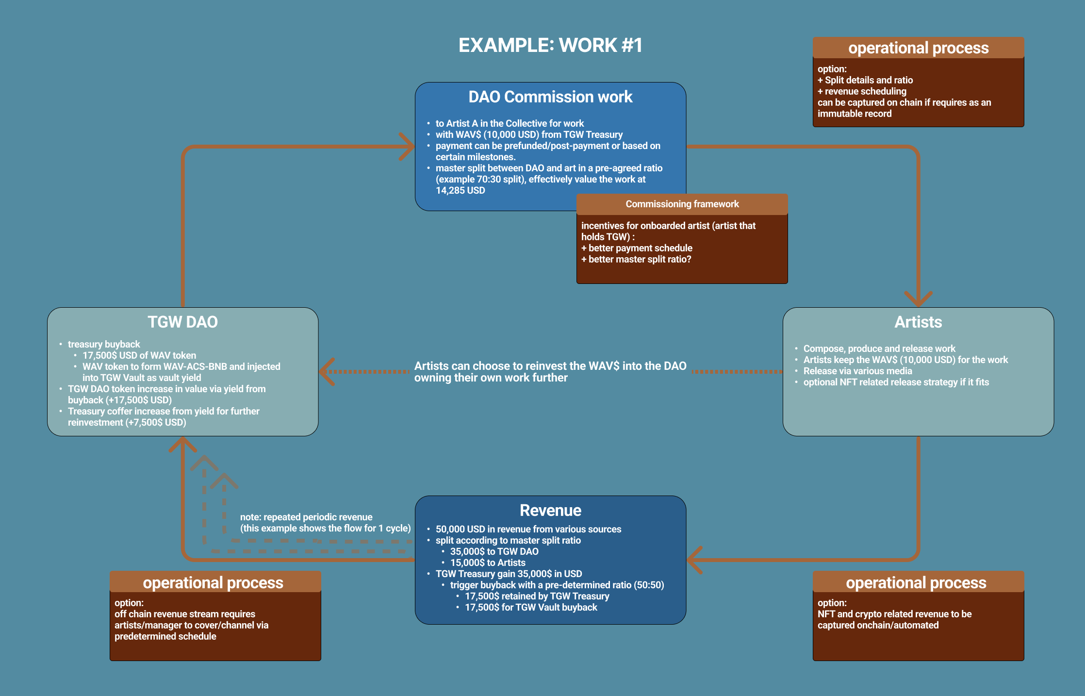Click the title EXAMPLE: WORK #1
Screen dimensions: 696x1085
click(x=550, y=45)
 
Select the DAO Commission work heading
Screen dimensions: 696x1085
click(x=550, y=97)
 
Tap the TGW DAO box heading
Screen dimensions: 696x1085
click(x=182, y=322)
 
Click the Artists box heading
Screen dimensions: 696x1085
click(x=918, y=322)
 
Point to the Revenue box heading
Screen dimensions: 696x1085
click(x=550, y=510)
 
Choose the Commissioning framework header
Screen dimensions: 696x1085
click(x=682, y=204)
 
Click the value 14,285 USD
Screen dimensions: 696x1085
click(x=460, y=190)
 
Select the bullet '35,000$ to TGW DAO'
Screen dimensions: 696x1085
click(x=494, y=551)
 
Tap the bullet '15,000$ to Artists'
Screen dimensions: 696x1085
click(x=488, y=563)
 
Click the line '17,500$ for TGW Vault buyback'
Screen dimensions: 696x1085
click(x=531, y=607)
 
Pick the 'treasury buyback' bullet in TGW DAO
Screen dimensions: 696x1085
click(x=104, y=344)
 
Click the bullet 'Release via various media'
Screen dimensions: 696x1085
click(x=857, y=371)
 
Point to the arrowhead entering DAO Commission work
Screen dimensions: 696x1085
click(x=407, y=146)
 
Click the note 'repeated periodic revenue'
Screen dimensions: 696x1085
click(x=306, y=517)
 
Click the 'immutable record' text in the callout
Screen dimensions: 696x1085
click(x=855, y=114)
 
